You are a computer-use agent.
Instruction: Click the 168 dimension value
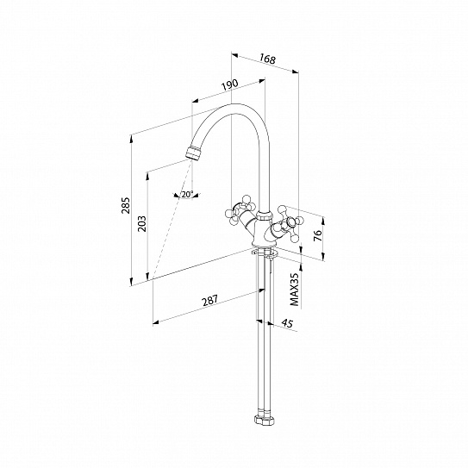[x=267, y=59]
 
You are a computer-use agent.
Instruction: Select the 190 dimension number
[x=230, y=85]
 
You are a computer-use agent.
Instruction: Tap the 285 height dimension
[x=126, y=205]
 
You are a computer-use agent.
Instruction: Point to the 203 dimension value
[x=141, y=223]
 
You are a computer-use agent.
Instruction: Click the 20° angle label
[x=187, y=194]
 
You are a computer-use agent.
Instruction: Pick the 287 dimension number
[x=210, y=301]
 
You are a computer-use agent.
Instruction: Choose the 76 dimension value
[x=318, y=235]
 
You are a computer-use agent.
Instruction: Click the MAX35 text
[x=294, y=290]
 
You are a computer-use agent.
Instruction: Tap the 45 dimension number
[x=287, y=323]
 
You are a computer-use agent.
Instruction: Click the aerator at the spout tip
[x=193, y=153]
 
